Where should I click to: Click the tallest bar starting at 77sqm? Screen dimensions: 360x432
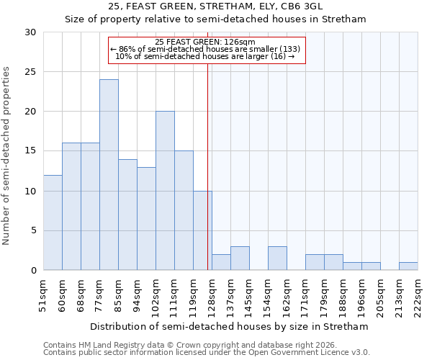[x=109, y=175]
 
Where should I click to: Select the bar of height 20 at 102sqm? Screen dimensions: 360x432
[x=165, y=191]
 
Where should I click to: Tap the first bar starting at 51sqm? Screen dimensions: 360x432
[x=53, y=222]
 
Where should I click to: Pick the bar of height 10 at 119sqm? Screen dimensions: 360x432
[x=202, y=230]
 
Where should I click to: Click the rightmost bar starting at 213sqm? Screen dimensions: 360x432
[x=408, y=266]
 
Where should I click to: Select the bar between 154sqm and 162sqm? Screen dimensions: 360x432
[x=277, y=258]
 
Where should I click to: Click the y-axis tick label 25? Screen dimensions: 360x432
[x=30, y=72]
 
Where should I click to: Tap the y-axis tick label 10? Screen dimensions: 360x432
[x=30, y=191]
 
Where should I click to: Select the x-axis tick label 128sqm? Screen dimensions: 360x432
[x=212, y=296]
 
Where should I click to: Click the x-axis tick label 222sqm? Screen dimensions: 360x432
[x=418, y=296]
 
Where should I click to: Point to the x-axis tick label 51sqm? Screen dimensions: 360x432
[x=43, y=296]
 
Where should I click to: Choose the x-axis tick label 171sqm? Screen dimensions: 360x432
[x=305, y=296]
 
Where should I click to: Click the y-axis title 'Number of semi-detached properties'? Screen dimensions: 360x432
[x=6, y=156]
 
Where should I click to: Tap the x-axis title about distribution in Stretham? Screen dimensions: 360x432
[x=230, y=326]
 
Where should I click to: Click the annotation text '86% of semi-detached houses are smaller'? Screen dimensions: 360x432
[x=207, y=49]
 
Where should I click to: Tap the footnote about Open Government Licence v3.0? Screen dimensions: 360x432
[x=206, y=352]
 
